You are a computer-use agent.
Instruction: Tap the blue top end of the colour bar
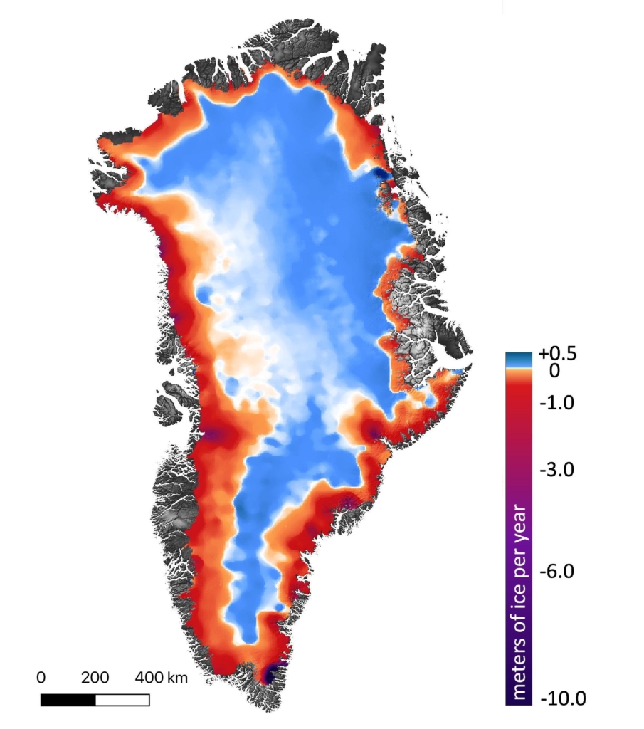point(516,358)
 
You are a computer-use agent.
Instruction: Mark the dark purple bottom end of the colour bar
point(516,698)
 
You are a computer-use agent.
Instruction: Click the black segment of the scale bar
point(68,700)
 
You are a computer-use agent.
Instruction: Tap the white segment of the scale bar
point(122,700)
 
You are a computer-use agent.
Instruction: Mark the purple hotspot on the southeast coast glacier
point(373,432)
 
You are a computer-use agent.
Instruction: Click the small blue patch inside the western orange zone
point(204,294)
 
